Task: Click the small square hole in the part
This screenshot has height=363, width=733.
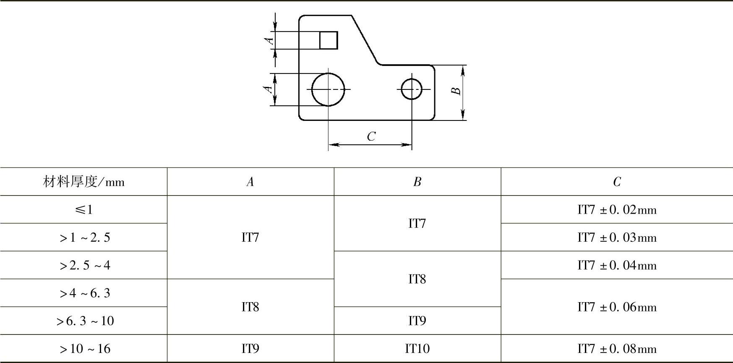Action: tap(329, 40)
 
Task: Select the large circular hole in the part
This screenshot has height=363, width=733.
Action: tap(328, 89)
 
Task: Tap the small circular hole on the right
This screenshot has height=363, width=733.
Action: tap(411, 89)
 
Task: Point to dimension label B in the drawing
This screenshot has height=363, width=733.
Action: tap(456, 91)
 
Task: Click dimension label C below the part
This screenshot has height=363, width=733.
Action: tap(371, 136)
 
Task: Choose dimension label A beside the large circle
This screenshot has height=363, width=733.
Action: tap(268, 89)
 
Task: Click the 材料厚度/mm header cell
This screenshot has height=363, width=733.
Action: tap(83, 182)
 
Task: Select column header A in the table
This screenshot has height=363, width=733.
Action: tap(250, 182)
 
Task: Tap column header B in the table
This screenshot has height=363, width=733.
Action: tap(417, 182)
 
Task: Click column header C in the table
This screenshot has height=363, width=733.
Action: tap(617, 182)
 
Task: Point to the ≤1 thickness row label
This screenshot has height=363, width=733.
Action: tap(83, 209)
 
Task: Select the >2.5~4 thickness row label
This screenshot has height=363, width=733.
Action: tap(85, 265)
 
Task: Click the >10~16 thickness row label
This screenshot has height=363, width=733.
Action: tap(85, 349)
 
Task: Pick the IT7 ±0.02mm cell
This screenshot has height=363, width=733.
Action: tap(617, 209)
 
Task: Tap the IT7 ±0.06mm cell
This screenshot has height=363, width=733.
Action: tap(617, 307)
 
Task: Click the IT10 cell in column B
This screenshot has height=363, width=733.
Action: tap(417, 349)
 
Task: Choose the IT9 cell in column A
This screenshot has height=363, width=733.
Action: tap(250, 349)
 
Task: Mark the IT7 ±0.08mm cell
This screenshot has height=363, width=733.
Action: tap(617, 349)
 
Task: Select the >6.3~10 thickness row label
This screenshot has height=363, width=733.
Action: tap(85, 321)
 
